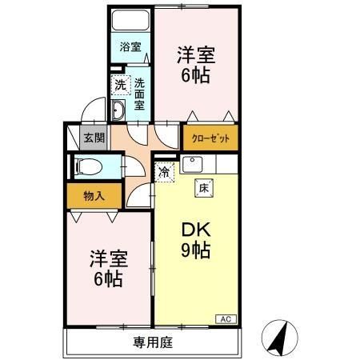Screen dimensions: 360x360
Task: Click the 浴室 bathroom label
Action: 130,46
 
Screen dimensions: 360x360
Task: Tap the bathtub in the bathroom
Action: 130,20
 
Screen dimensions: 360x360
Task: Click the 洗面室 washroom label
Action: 139,93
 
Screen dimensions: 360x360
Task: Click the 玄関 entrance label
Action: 94,137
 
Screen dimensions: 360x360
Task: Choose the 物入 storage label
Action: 93,194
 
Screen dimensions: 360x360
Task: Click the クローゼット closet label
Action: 210,138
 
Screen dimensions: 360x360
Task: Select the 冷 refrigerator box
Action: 164,170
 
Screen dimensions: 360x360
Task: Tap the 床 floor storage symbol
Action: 203,189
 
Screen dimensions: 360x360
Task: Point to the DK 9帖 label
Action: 194,238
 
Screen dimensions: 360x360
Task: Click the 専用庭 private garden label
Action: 152,342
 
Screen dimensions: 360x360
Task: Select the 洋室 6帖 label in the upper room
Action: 194,66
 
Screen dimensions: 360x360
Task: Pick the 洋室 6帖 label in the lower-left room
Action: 106,269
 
